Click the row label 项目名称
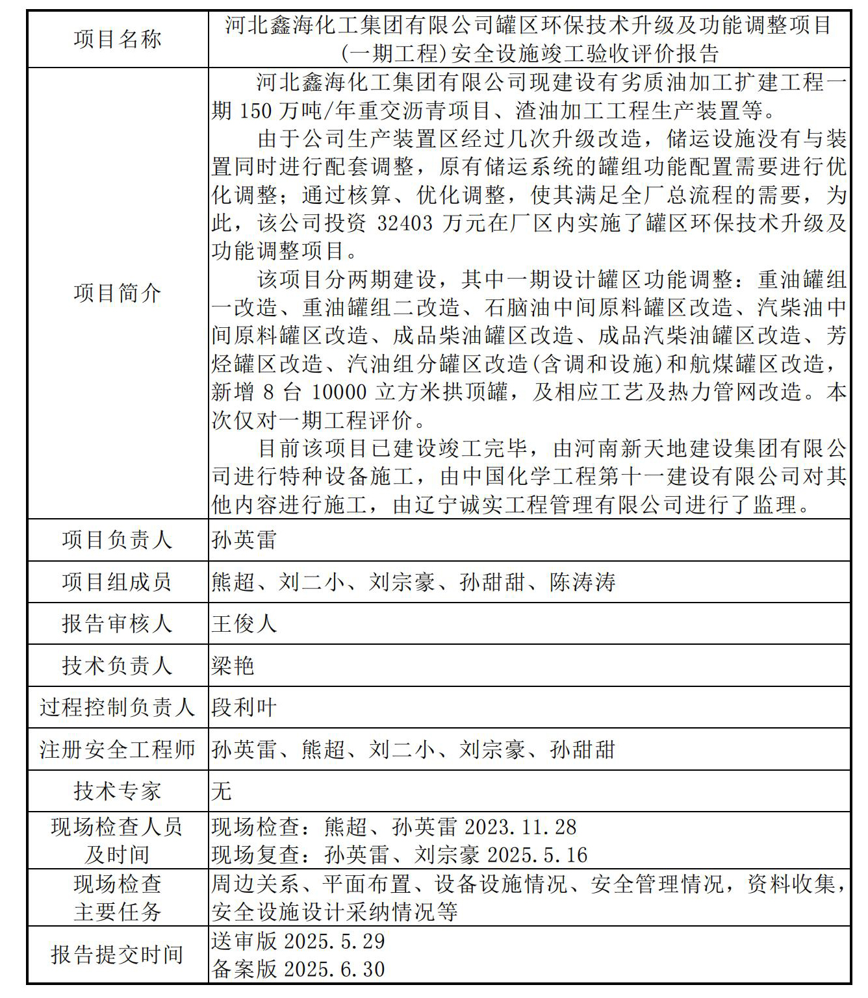(117, 40)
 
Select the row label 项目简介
(117, 293)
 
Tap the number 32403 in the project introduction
(404, 223)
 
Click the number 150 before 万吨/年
(255, 111)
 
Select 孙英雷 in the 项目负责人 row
(244, 540)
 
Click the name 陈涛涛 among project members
(582, 582)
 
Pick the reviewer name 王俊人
(244, 624)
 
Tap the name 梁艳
(233, 666)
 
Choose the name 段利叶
(244, 708)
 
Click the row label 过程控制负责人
(117, 708)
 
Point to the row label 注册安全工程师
(117, 750)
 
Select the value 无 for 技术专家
(222, 792)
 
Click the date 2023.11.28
(520, 827)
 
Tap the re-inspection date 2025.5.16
(537, 855)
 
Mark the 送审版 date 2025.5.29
(335, 942)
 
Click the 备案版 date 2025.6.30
(335, 969)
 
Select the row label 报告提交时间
(117, 955)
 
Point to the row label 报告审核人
(117, 624)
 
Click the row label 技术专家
(117, 792)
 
